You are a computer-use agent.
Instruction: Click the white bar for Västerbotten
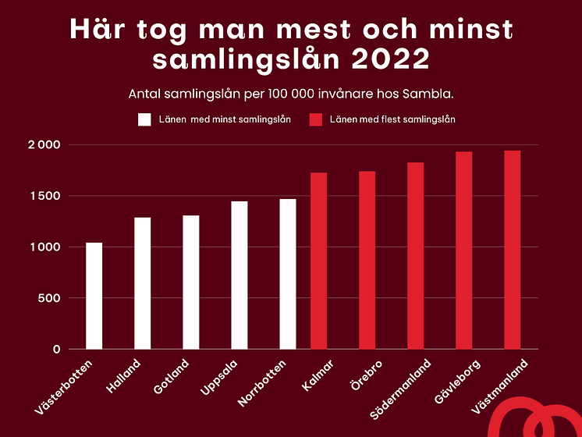[94, 296]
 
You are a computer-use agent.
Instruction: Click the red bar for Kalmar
[318, 261]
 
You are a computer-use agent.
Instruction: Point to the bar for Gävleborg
[463, 250]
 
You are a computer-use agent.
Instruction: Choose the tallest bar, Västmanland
[512, 250]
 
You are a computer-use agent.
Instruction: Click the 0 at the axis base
[57, 349]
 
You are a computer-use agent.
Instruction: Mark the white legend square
[144, 119]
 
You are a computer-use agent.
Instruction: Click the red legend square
[316, 119]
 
